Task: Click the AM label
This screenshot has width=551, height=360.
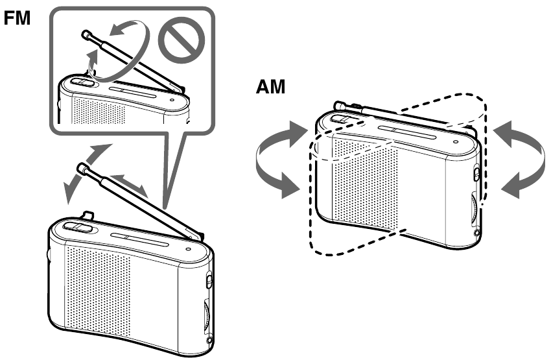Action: tap(269, 88)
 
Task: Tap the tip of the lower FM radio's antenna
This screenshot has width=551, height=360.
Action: tap(82, 169)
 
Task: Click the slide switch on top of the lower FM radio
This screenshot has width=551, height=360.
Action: tap(76, 226)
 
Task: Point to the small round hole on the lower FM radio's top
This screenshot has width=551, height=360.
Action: tap(188, 247)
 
